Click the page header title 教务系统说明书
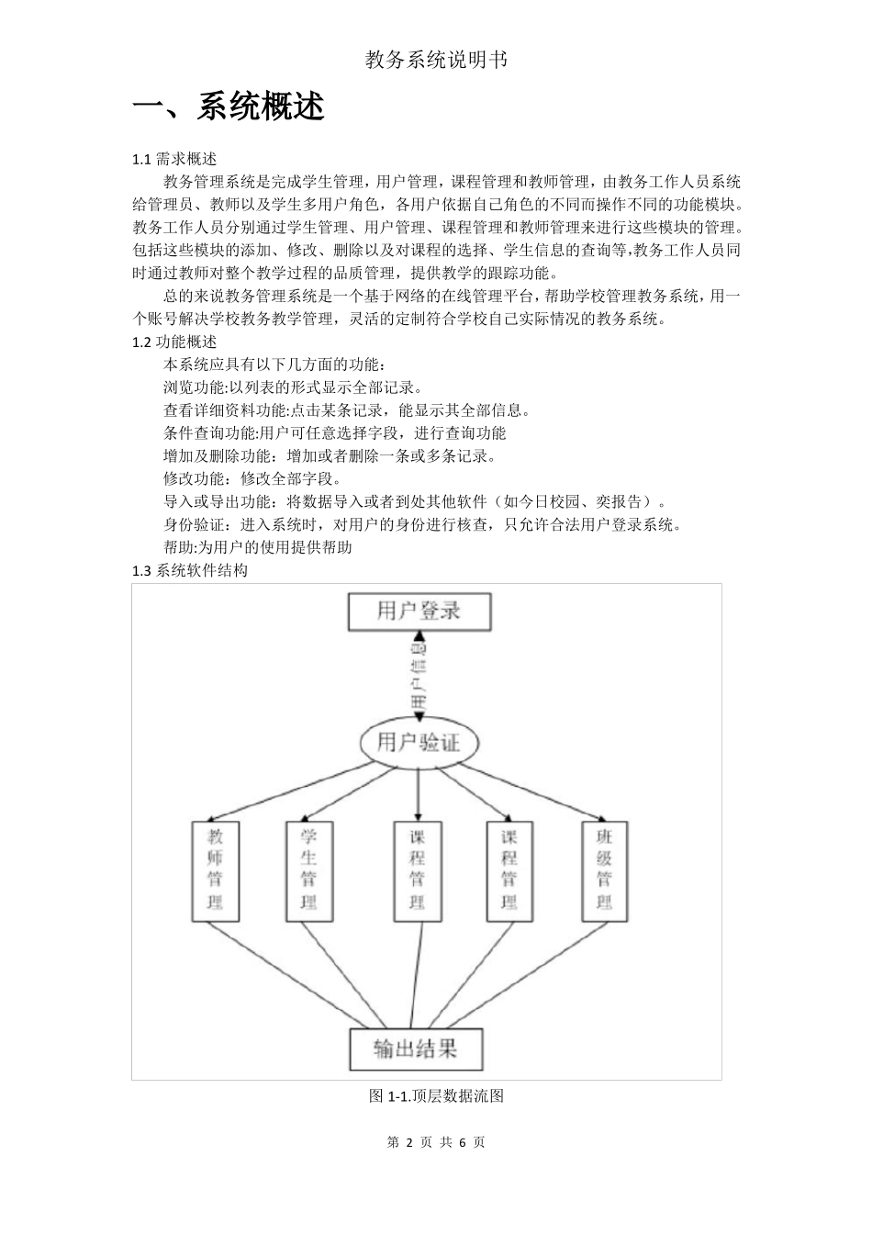click(436, 61)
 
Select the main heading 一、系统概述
click(229, 107)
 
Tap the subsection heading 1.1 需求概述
click(174, 159)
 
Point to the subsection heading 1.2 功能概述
click(174, 342)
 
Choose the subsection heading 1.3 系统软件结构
click(190, 570)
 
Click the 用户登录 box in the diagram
click(419, 611)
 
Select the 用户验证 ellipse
click(419, 742)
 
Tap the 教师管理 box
click(215, 869)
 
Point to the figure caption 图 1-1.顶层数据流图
click(436, 1095)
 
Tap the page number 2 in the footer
click(407, 1142)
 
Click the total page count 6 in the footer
click(462, 1142)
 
